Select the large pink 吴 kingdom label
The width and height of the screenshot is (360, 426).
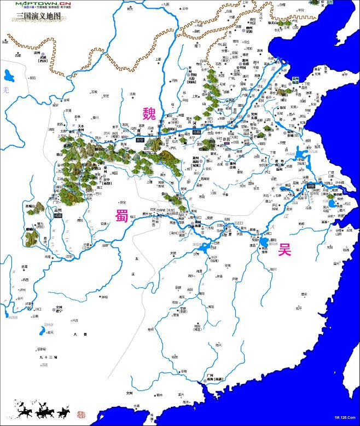coord(284,250)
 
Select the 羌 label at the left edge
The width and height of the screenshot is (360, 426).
coord(5,89)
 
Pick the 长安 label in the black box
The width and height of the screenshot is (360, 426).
coord(140,140)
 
